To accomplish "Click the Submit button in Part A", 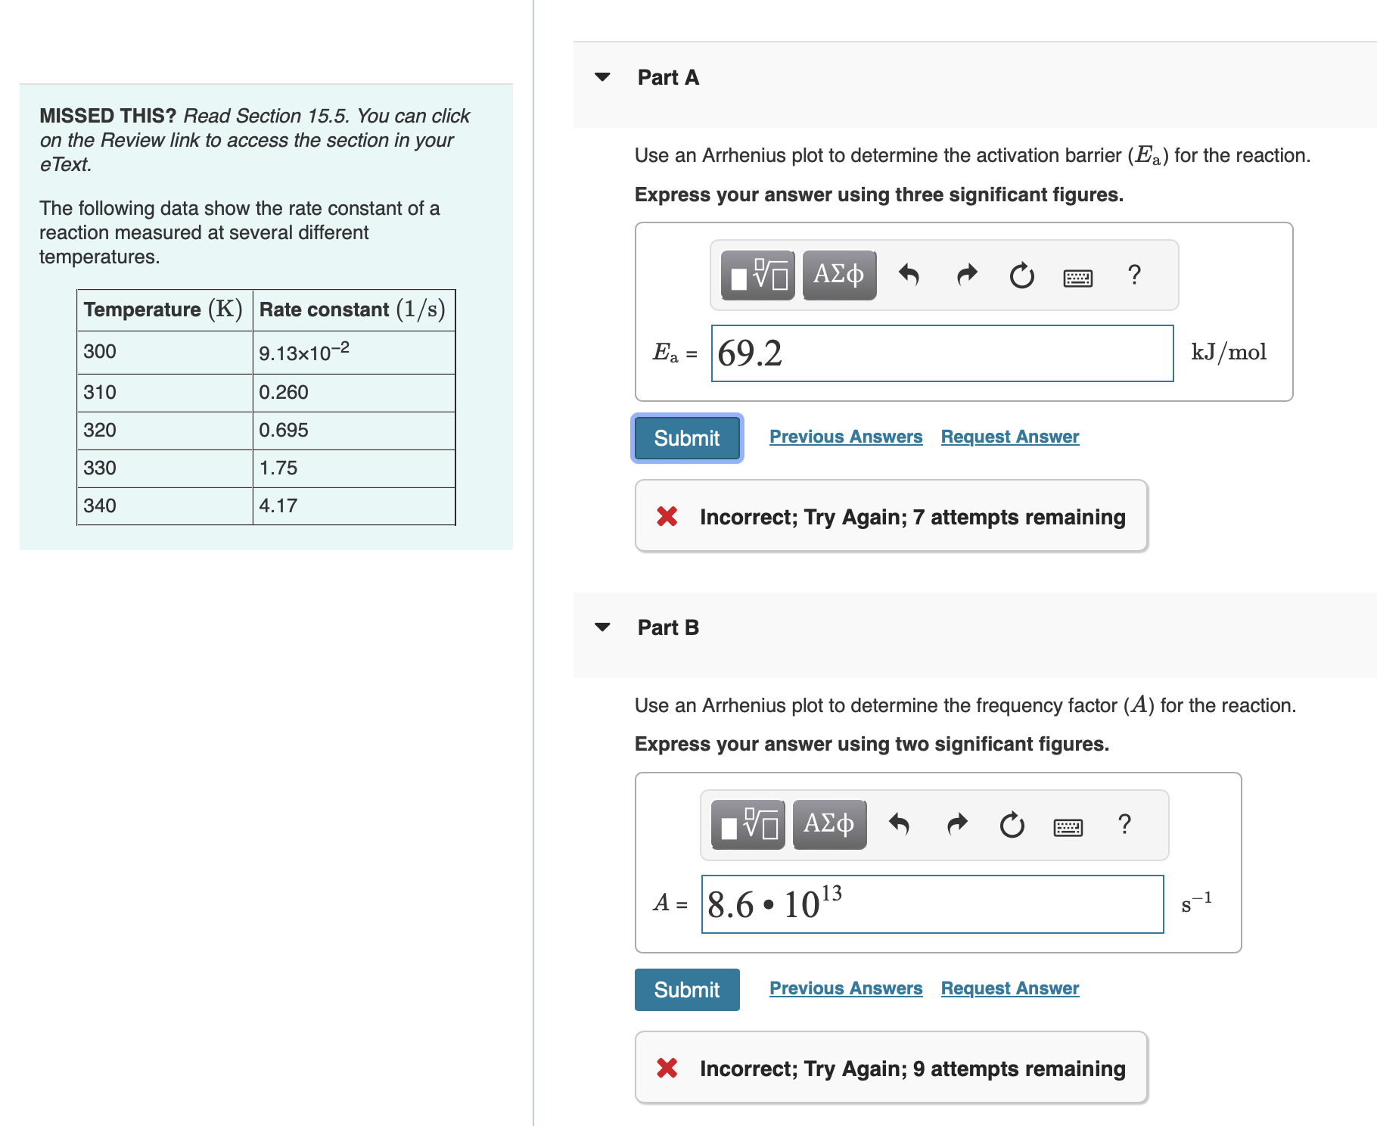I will coord(686,438).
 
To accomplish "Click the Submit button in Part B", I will coord(686,990).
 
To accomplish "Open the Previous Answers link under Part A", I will coord(845,437).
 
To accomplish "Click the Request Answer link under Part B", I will coord(1009,988).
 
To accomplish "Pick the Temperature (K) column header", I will coord(163,309).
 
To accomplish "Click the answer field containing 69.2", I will coord(942,353).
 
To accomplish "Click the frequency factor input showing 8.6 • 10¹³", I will coord(932,904).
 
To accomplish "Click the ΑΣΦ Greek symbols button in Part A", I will coord(838,275).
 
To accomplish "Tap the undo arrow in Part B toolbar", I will coord(899,824).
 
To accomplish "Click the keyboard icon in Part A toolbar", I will coord(1077,278).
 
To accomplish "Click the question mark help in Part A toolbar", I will coord(1133,275).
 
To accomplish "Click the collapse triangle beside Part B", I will coord(602,627).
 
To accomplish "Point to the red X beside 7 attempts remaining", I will coord(667,517).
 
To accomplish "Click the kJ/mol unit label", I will coord(1228,353).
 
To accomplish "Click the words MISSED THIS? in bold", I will coord(107,116).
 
